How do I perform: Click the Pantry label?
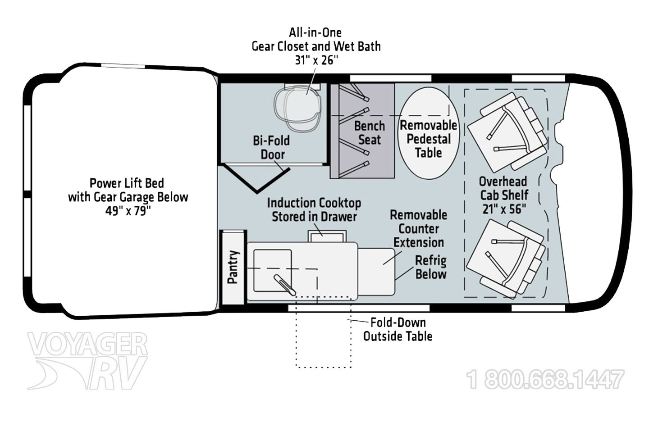[x=233, y=267]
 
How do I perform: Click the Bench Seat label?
[x=370, y=133]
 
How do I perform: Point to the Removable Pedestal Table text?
[x=429, y=139]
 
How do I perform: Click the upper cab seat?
[x=507, y=132]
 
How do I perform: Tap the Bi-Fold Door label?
[x=271, y=147]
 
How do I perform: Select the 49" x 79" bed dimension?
[x=128, y=211]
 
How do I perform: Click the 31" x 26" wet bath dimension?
[x=316, y=60]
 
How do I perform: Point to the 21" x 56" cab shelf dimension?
[x=504, y=209]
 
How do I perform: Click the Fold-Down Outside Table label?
[x=398, y=329]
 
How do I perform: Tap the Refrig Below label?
[x=431, y=267]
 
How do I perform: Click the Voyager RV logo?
[x=87, y=361]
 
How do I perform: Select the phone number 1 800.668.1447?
[x=545, y=380]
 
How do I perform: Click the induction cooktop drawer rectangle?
[x=327, y=236]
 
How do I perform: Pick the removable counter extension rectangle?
[x=376, y=272]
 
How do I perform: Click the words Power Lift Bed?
[x=127, y=183]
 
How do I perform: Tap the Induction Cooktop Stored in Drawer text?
[x=314, y=209]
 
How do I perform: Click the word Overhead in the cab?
[x=503, y=182]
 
